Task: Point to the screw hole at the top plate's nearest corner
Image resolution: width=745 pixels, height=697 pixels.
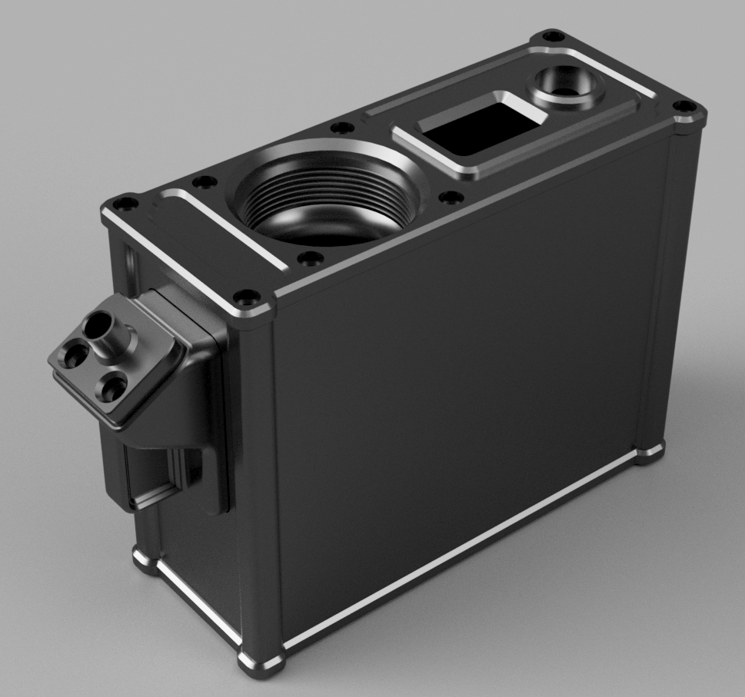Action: [x=247, y=294]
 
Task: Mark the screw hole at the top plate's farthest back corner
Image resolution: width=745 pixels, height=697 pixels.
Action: [x=548, y=35]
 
